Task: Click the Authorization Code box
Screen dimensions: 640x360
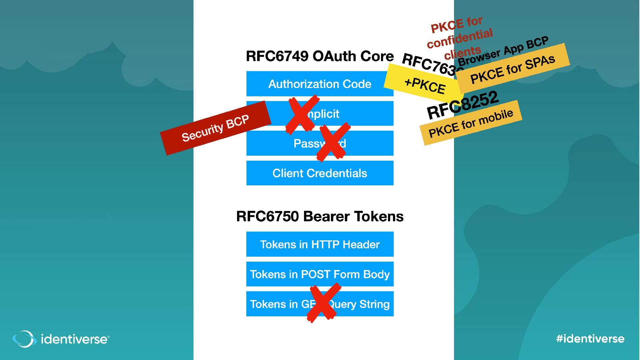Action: tap(319, 84)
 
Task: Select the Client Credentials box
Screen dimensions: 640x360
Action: tap(319, 173)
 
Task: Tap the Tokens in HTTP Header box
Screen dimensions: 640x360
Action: tap(319, 244)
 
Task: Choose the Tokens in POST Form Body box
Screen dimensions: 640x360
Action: tap(319, 274)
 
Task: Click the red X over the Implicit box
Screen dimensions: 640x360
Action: tap(302, 114)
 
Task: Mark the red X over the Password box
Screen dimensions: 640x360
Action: tap(332, 142)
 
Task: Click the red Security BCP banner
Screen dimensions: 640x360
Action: tap(215, 128)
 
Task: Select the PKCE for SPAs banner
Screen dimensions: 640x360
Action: tap(513, 69)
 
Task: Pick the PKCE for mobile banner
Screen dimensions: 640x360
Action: tap(471, 123)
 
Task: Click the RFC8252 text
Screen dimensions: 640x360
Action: tap(463, 105)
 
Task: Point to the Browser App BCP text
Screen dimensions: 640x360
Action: tap(503, 51)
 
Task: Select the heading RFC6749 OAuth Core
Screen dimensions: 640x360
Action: tap(319, 56)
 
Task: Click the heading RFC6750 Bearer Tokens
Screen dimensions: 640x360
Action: tap(319, 216)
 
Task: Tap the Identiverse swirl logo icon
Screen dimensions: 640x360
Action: tap(24, 339)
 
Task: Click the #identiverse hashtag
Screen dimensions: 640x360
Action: tap(590, 339)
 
